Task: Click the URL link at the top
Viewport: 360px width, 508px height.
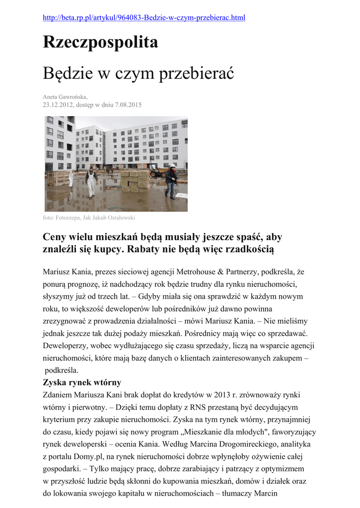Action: pos(144,18)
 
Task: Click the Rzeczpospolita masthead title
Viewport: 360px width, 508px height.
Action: pos(100,43)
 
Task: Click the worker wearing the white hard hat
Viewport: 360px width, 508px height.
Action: pos(171,181)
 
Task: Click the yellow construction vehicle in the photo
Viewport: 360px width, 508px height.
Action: pos(157,172)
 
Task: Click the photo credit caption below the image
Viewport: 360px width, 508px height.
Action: pos(89,218)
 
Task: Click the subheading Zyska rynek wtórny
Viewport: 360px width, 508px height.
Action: pos(82,383)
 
